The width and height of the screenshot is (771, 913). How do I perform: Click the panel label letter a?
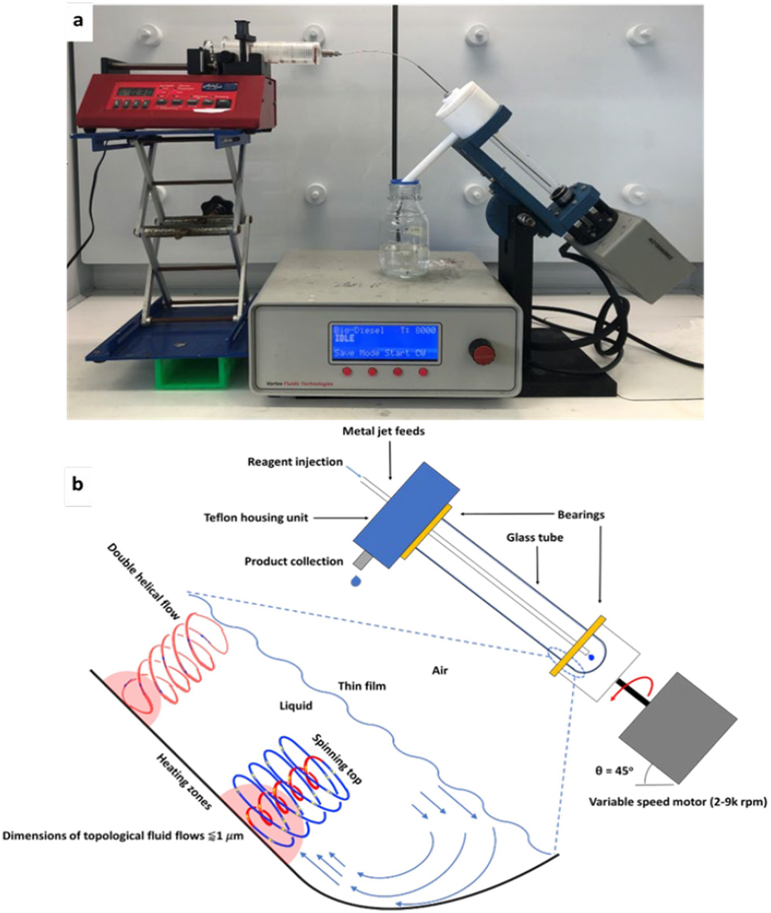78,20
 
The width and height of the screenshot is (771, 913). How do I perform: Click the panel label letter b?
78,484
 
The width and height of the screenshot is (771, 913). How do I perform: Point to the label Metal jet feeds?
384,431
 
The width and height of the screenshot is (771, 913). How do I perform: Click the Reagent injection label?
295,462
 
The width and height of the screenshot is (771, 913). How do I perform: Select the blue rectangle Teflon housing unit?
406,514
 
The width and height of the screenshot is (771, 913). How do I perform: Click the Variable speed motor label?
678,802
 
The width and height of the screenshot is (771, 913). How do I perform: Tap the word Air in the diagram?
440,670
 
